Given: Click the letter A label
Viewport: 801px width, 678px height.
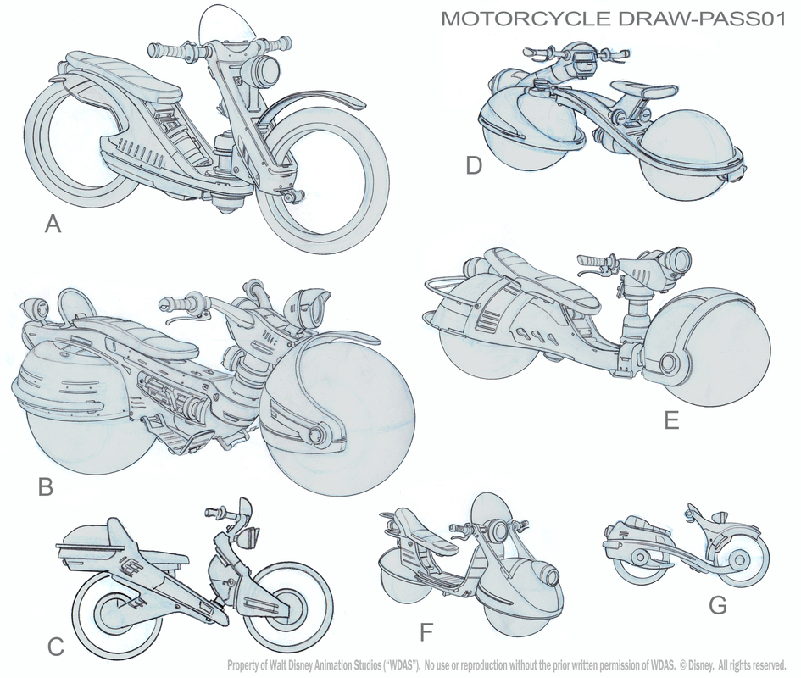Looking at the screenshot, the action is (53, 224).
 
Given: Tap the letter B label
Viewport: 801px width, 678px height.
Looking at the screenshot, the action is (46, 487).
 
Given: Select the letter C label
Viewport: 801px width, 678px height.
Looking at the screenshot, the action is (56, 647).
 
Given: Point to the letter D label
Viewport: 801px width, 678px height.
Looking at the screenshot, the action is (474, 165).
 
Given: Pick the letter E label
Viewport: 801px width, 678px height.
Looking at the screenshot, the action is (671, 420).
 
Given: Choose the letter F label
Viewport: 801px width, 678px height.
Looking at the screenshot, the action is (426, 633).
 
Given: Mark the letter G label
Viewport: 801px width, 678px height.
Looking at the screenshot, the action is (718, 605).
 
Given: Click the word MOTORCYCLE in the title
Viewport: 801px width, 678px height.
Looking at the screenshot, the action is (526, 19).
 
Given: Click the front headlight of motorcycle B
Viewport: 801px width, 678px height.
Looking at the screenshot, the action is (310, 304).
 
